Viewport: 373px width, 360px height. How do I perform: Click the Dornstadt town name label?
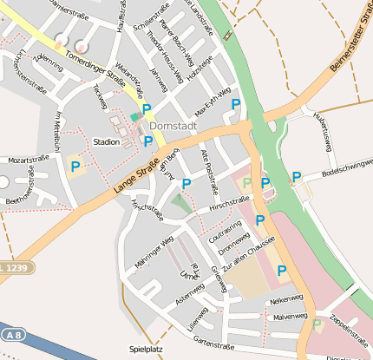173,125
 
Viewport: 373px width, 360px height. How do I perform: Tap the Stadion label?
106,141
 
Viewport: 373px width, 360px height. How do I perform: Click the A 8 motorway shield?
11,333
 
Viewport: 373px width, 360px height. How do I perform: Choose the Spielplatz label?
145,349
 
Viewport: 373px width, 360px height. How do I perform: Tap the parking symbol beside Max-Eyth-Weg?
236,104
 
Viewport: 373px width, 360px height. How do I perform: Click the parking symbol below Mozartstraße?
75,166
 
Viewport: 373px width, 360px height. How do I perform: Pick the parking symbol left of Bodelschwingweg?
296,177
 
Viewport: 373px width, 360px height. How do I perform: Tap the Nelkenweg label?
286,299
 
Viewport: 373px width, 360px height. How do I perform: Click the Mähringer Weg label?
155,251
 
